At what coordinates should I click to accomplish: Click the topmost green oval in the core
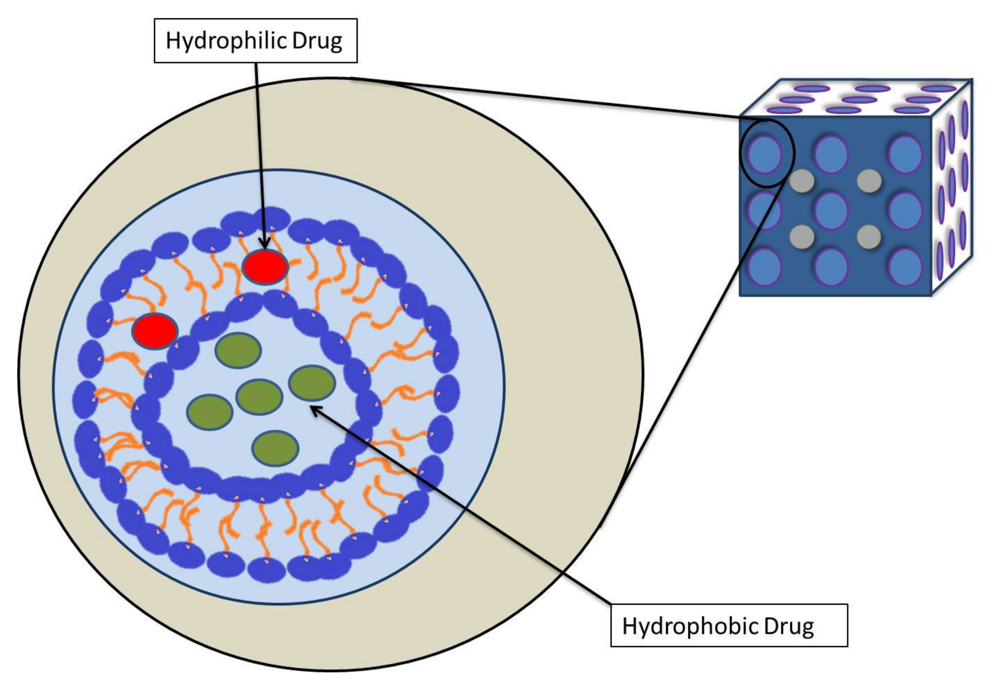tap(238, 350)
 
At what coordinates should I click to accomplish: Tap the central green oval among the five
tap(259, 397)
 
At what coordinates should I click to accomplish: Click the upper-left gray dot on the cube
tap(802, 180)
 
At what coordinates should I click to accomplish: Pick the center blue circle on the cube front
tap(831, 210)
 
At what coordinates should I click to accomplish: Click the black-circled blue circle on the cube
tap(765, 154)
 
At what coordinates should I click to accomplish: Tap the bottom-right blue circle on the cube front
tap(905, 266)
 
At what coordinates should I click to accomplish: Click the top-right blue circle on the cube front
tap(905, 154)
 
